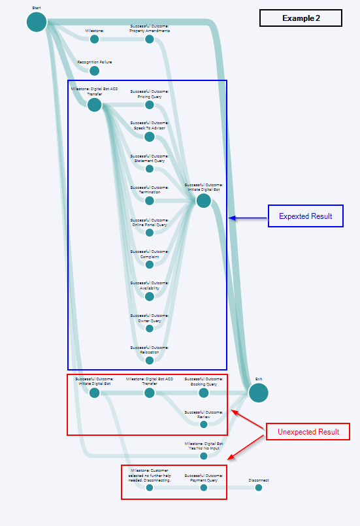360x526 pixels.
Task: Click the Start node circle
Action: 37,22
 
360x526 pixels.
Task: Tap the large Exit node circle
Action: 258,393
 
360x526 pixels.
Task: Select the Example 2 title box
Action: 301,18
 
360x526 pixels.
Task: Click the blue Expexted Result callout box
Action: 305,216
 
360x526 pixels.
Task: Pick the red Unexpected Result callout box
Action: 308,432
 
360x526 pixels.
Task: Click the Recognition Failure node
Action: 94,71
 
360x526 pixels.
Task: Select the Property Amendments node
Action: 149,39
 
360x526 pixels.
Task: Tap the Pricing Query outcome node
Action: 149,105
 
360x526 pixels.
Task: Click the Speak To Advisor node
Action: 149,137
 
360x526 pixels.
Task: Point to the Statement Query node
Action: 149,169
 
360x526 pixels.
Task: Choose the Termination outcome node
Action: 149,201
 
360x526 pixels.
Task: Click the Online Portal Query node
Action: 149,233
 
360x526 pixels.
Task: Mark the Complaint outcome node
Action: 149,265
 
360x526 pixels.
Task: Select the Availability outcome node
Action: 149,296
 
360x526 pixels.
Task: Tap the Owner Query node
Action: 149,329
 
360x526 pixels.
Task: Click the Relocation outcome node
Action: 149,360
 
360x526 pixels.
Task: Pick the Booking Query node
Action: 203,393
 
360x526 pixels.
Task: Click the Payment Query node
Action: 203,487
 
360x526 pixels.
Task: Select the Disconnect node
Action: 258,487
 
